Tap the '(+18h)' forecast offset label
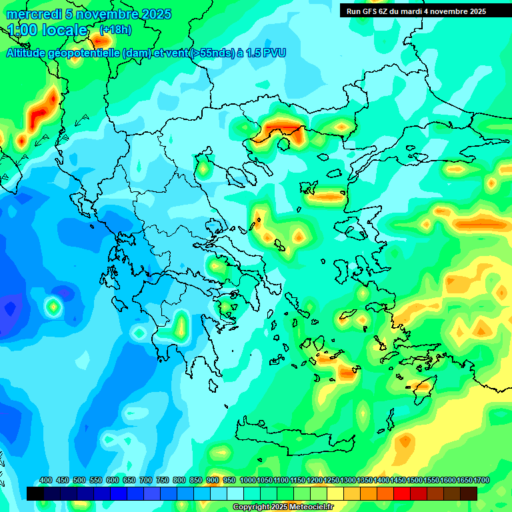tap(115, 30)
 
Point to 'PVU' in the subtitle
tap(273, 53)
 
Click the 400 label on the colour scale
tap(46, 480)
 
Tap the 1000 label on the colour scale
tap(247, 480)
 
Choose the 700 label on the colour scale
tap(146, 480)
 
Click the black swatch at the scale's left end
tap(35, 493)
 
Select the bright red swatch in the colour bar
tap(402, 493)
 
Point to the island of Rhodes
tap(421, 385)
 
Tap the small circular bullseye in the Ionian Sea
tap(53, 307)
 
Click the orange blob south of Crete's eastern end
tap(404, 441)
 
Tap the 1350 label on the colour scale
tap(365, 480)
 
